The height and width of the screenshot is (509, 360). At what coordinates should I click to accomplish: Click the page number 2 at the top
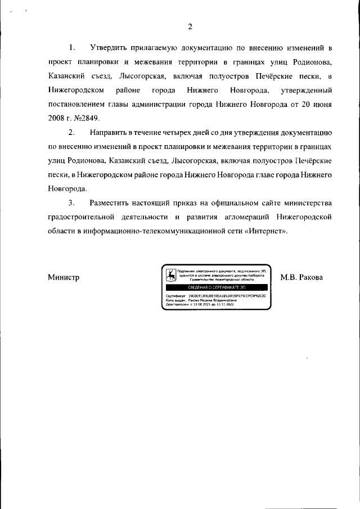[x=190, y=26]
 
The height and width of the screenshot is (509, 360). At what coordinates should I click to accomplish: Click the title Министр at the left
[x=64, y=277]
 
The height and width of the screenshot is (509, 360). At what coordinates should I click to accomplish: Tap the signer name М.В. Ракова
[x=301, y=277]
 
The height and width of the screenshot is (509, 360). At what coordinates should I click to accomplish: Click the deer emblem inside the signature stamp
[x=169, y=275]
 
